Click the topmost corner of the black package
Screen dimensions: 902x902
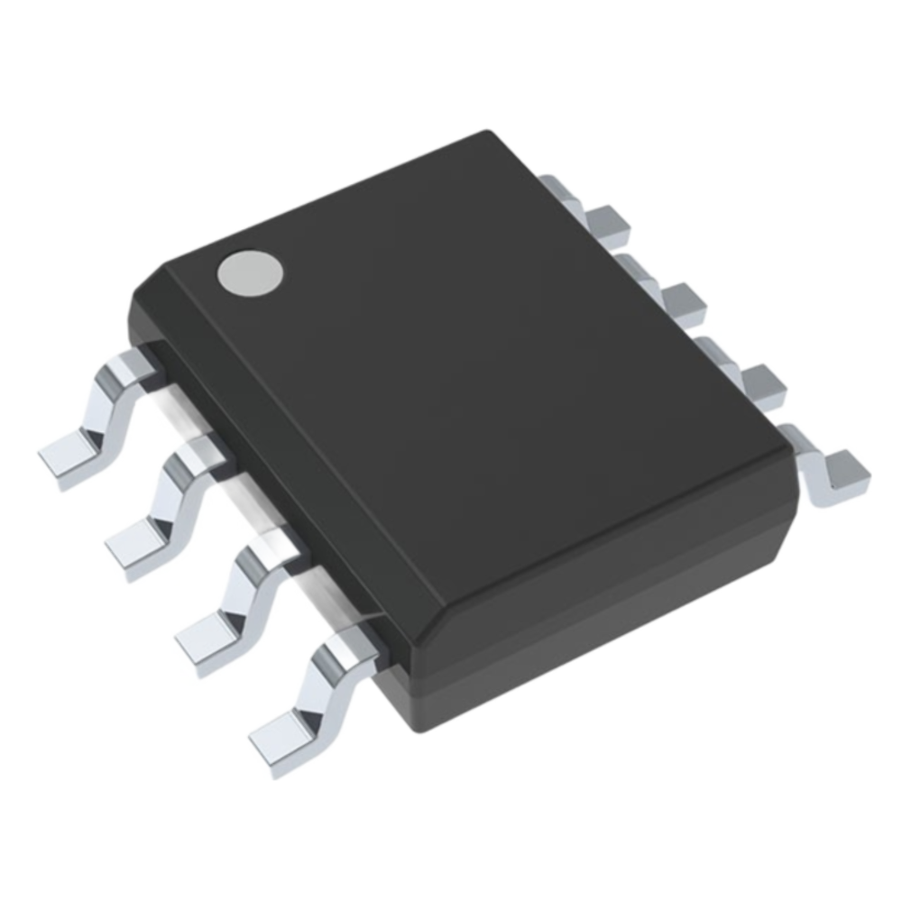point(492,135)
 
